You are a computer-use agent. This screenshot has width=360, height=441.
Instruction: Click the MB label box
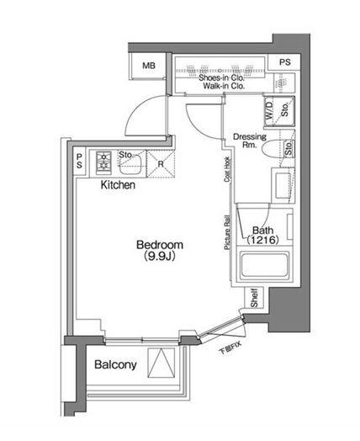click(x=149, y=66)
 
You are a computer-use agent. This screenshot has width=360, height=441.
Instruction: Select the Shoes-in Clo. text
click(x=222, y=75)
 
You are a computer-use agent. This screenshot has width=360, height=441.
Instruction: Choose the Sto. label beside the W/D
click(x=285, y=110)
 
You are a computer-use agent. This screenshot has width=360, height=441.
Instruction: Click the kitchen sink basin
click(x=130, y=165)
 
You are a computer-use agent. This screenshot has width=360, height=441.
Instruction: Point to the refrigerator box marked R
click(x=160, y=163)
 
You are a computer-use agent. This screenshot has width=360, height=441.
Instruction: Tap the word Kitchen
click(x=118, y=186)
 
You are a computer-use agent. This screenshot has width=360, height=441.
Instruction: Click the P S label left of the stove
click(x=80, y=160)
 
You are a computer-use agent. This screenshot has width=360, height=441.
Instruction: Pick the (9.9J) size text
click(x=160, y=257)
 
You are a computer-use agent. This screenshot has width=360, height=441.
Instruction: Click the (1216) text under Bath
click(x=262, y=241)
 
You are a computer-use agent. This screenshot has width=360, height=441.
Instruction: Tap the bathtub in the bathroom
click(x=263, y=268)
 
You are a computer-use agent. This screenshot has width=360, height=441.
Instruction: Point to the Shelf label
click(x=253, y=298)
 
